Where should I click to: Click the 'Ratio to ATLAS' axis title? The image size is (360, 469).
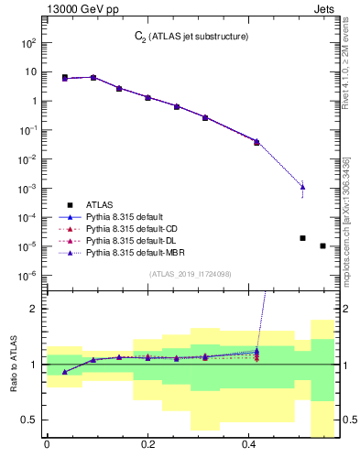coord(14,365)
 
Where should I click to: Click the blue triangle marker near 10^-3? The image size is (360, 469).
coord(302,187)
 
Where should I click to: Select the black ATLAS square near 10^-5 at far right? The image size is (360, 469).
coord(322,245)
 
